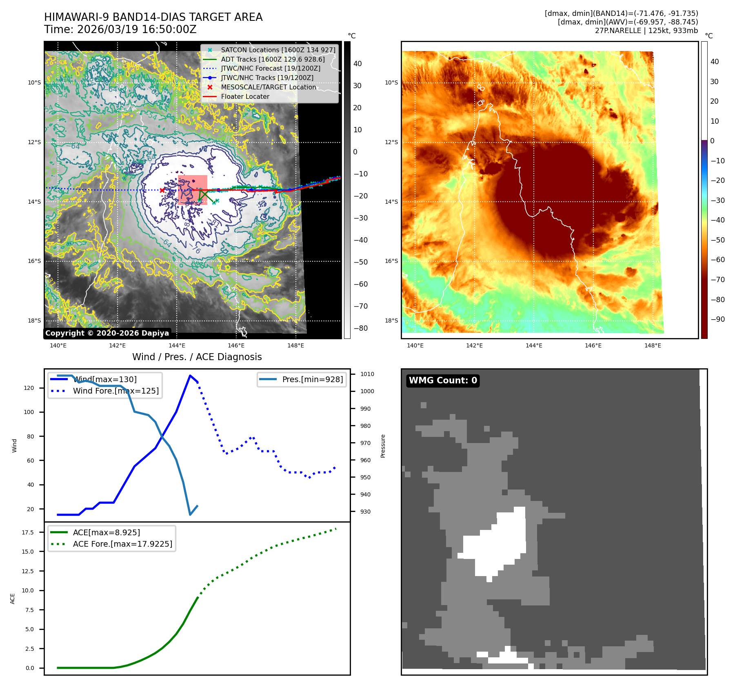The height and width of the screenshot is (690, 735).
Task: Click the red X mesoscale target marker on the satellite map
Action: click(162, 190)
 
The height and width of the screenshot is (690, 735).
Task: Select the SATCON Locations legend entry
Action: click(278, 50)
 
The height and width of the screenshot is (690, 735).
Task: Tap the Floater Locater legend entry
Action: click(245, 97)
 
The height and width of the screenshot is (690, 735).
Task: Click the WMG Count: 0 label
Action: click(443, 381)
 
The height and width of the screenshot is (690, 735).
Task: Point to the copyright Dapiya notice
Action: click(107, 333)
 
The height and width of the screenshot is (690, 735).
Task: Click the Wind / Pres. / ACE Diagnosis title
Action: click(197, 357)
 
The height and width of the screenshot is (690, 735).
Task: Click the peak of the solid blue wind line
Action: click(190, 376)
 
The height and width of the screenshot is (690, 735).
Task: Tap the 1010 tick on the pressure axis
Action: click(367, 374)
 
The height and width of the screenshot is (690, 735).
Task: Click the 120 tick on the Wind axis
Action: click(29, 388)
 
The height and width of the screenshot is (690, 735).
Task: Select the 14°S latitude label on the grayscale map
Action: click(34, 202)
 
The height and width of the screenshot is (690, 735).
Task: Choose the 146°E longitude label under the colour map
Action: click(593, 345)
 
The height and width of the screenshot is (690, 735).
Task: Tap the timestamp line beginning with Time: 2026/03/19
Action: click(120, 30)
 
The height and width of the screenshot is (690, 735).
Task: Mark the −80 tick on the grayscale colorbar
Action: click(360, 328)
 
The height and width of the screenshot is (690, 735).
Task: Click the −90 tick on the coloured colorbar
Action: click(717, 319)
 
